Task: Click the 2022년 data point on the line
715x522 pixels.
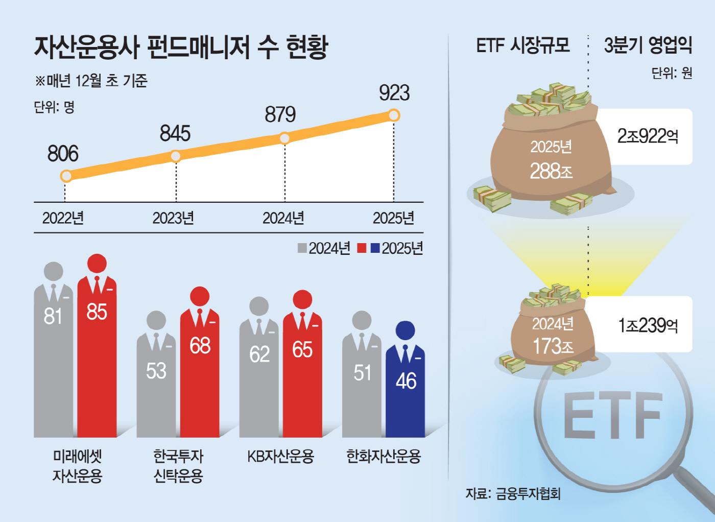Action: [x=66, y=176]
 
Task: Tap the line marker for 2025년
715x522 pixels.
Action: [x=394, y=115]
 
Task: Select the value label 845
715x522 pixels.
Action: [x=175, y=134]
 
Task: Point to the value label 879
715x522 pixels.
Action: [x=280, y=114]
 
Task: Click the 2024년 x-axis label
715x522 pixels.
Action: [x=283, y=218]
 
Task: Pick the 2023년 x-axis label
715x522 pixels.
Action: [x=173, y=218]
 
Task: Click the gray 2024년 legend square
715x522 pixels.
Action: [x=302, y=248]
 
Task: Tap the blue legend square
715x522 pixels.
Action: [x=375, y=248]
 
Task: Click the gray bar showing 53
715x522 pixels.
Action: [x=156, y=388]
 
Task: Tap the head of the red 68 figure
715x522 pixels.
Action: [x=200, y=296]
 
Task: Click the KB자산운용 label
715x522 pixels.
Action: [x=280, y=456]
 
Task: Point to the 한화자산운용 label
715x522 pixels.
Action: [x=384, y=456]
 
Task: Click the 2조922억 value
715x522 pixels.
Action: [x=648, y=136]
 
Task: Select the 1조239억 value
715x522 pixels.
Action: [x=648, y=325]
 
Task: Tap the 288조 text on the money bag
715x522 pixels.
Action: [x=551, y=171]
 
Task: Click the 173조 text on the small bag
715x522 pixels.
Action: [x=553, y=346]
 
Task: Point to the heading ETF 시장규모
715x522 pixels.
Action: [x=522, y=45]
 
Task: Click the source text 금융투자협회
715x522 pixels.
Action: [x=528, y=493]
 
